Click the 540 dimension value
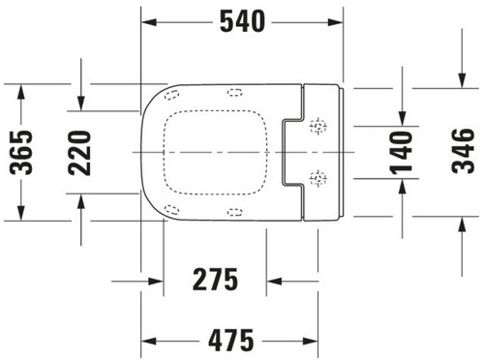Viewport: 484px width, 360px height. click(x=242, y=21)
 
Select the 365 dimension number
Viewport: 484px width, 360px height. click(x=21, y=152)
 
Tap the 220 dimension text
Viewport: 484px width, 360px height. click(x=79, y=153)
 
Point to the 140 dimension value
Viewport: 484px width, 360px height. click(x=402, y=152)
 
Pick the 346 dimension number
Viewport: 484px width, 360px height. click(x=464, y=151)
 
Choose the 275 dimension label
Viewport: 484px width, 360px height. click(x=215, y=280)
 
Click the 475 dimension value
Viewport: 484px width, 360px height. click(x=231, y=341)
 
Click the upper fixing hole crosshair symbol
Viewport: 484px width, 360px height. click(x=318, y=126)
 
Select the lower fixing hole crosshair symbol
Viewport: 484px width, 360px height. click(x=318, y=178)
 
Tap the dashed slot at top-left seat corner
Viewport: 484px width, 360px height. click(x=171, y=95)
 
